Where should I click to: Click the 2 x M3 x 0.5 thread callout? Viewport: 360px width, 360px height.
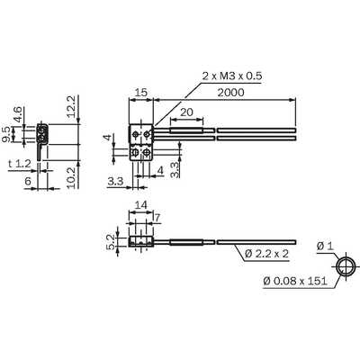pyautogui.click(x=232, y=76)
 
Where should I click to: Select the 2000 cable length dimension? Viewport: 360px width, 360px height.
pyautogui.click(x=230, y=93)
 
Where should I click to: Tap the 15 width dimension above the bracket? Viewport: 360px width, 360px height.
pyautogui.click(x=141, y=93)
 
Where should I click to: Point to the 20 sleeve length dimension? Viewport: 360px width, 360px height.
pyautogui.click(x=186, y=112)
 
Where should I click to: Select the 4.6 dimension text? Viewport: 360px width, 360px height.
pyautogui.click(x=17, y=113)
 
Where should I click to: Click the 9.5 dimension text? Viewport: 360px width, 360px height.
pyautogui.click(x=6, y=134)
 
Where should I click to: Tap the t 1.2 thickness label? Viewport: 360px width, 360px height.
pyautogui.click(x=20, y=164)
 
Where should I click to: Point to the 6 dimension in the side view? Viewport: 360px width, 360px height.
pyautogui.click(x=28, y=181)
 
